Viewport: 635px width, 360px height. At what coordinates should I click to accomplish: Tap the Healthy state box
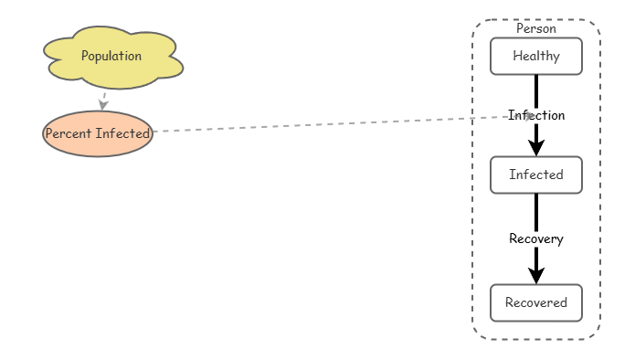point(536,56)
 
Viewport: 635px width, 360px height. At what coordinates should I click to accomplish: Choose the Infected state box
point(536,175)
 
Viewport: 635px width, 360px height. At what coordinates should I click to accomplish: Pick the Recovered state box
point(536,302)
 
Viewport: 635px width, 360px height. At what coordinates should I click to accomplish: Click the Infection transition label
point(536,115)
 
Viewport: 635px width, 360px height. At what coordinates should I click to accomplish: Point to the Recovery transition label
point(536,238)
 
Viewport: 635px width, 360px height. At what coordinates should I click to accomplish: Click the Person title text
point(536,28)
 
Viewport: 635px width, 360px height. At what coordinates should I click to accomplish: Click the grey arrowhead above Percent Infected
point(104,105)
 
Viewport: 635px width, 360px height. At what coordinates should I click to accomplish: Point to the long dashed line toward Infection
point(329,124)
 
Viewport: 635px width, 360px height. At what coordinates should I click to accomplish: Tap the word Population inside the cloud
point(111,56)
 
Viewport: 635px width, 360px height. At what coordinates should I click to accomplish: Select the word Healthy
point(536,56)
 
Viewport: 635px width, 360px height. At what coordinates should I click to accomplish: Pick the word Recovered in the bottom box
point(536,302)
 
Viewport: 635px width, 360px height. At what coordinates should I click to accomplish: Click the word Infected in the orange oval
point(123,133)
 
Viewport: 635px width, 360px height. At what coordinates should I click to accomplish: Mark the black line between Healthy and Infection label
point(536,90)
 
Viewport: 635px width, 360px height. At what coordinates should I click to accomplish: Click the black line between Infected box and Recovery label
point(536,211)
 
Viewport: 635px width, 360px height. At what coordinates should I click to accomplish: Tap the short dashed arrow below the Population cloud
point(105,97)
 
